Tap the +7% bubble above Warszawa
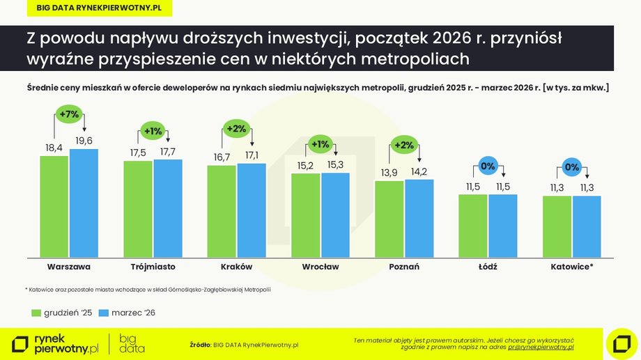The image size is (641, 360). [69, 114]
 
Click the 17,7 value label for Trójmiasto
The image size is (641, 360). [167, 152]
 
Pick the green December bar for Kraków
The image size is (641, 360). [222, 210]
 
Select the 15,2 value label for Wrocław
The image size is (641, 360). [305, 166]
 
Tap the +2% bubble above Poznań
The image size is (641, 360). [403, 146]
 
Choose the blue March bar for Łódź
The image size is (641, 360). [502, 224]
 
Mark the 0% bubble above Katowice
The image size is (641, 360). [571, 167]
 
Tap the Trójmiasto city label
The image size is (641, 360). [153, 267]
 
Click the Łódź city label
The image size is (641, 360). [488, 267]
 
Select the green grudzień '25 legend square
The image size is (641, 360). [36, 313]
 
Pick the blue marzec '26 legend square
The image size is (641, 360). [105, 313]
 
